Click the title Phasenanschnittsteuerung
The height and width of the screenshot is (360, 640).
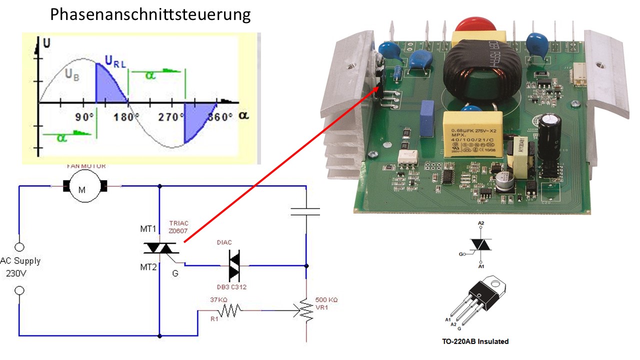point(150,14)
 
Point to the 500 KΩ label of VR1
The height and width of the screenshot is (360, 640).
point(326,299)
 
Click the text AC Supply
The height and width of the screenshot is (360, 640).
point(20,261)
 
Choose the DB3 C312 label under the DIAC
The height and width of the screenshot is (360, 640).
point(231,287)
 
